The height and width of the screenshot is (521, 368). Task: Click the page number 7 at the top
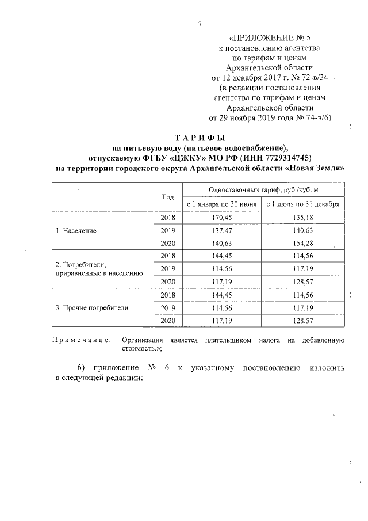point(199,24)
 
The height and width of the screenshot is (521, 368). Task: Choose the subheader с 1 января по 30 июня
point(221,204)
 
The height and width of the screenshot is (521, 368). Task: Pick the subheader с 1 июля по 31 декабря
point(303,204)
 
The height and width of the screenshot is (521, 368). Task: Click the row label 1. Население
point(76,230)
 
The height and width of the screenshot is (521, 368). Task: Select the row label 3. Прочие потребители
point(92,307)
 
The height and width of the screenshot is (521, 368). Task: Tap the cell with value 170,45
point(221,218)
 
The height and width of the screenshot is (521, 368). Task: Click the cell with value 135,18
point(303,218)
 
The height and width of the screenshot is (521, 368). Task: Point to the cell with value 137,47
point(221,230)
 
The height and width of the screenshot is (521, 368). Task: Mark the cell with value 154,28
point(303,243)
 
